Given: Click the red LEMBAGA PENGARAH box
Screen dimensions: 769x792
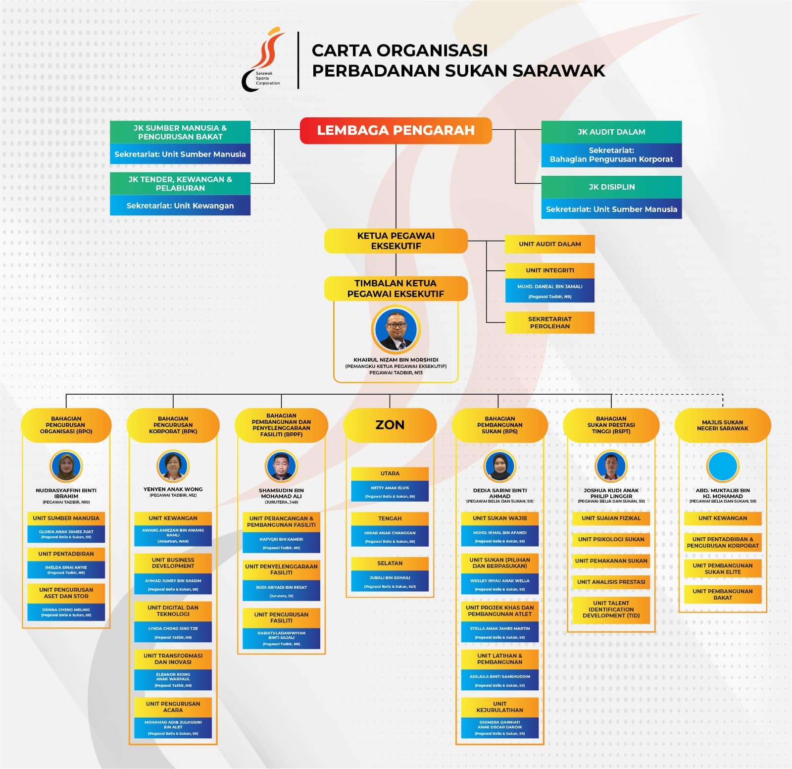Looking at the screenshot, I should coord(396,130).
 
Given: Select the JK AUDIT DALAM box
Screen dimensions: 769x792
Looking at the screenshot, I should coord(611,132).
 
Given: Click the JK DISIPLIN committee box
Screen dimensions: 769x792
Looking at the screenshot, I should coord(611,187).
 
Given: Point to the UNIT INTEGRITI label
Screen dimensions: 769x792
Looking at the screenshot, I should coord(549,270).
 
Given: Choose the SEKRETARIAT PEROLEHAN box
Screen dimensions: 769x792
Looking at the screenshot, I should coord(549,322).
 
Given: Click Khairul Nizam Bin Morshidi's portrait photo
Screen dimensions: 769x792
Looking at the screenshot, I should coord(396,330).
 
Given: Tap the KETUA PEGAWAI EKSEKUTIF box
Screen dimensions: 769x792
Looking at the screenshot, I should coord(396,241).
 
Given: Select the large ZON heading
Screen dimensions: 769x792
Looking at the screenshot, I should coord(390,425).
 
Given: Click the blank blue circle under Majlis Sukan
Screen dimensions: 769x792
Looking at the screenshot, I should coord(723,466).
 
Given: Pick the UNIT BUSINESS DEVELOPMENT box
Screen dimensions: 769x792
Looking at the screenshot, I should coord(173,563).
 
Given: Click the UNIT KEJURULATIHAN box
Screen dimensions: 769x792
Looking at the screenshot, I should coord(499,707).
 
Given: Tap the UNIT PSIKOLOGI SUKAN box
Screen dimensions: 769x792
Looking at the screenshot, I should coord(611,539).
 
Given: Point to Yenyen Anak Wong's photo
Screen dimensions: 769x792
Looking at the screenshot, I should coord(173,466).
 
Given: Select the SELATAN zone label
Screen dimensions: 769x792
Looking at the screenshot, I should coord(390,564).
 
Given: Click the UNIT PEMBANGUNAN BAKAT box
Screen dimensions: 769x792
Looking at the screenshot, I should coord(722,594).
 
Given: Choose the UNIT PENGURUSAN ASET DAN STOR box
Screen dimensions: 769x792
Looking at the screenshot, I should coord(66,593).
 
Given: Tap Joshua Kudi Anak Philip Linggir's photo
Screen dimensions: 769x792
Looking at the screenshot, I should coord(611,466).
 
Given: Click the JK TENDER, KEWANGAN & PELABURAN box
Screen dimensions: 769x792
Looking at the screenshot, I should coord(180,184).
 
